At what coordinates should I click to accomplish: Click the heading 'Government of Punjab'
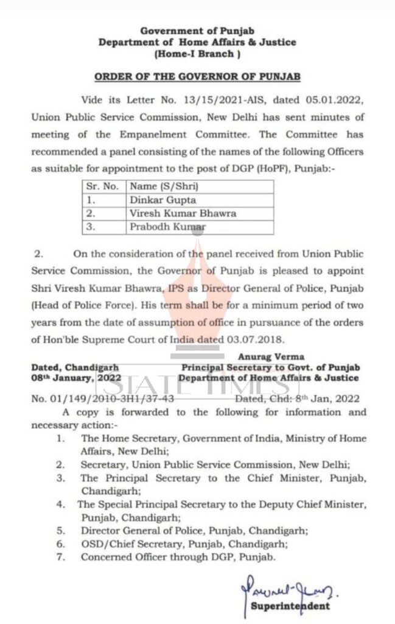[197, 31]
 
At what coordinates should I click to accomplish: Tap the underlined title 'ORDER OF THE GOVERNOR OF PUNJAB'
[197, 77]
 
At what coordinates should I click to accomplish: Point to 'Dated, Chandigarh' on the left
[75, 368]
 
